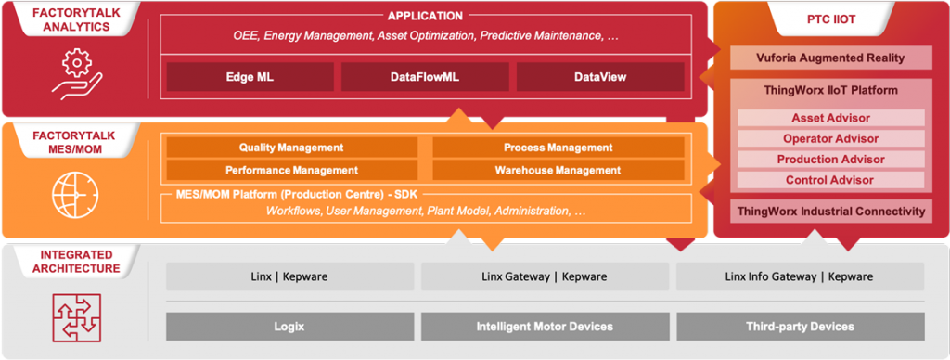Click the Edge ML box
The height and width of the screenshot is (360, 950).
250,77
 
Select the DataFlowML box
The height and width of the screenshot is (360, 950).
425,77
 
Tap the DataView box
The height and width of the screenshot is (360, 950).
600,77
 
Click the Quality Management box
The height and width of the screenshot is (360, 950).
292,148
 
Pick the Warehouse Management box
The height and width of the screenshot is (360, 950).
558,171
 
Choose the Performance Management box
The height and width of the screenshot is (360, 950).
292,171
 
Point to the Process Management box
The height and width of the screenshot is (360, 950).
558,148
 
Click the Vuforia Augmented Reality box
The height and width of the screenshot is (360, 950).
830,58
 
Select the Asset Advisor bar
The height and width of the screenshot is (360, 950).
830,118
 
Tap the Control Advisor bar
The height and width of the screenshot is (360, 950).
830,180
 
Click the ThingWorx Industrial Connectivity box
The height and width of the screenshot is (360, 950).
830,211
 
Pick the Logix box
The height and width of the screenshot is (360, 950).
290,327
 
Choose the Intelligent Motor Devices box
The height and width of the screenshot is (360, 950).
546,327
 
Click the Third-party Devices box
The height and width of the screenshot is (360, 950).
801,327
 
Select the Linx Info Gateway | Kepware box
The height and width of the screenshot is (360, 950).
801,276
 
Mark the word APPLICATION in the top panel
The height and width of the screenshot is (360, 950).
425,16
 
